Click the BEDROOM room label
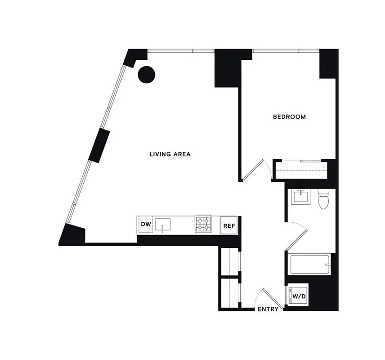pos(289,117)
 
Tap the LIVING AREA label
pos(170,154)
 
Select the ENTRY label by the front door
pos(268,309)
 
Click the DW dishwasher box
pos(145,225)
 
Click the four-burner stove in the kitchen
pos(204,225)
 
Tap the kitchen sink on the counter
pos(164,224)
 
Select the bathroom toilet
pos(323,199)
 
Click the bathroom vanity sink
pos(301,197)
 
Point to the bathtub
pos(310,265)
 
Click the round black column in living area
pos(146,74)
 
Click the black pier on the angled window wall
pos(99,145)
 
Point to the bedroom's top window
pos(285,50)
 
